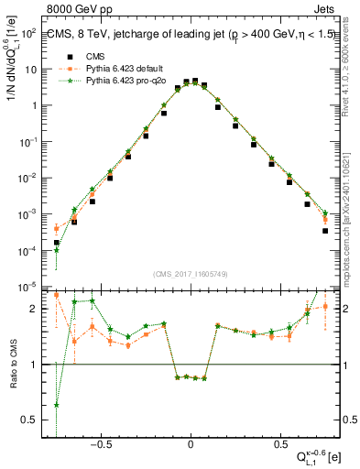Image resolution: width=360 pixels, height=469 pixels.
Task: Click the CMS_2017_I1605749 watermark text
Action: [190, 274]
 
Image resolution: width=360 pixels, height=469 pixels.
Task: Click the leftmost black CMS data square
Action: [57, 243]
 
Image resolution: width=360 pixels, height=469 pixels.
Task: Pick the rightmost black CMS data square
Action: [325, 231]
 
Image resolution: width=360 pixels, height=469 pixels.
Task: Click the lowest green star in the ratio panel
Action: [57, 405]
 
